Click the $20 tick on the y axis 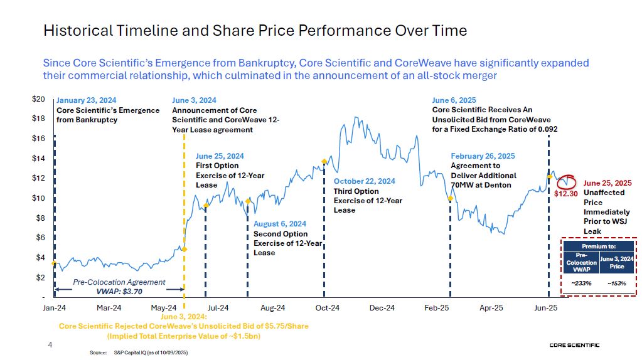(38, 99)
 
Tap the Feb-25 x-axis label (436, 307)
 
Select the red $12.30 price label (565, 194)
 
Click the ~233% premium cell (577, 283)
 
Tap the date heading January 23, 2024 (87, 100)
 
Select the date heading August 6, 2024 (280, 224)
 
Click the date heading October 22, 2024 (365, 181)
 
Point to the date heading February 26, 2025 (483, 156)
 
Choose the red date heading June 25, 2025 (607, 183)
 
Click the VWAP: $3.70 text (120, 291)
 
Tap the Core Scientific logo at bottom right (574, 345)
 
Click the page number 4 (51, 344)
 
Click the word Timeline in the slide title (144, 29)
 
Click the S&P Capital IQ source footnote (151, 353)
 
